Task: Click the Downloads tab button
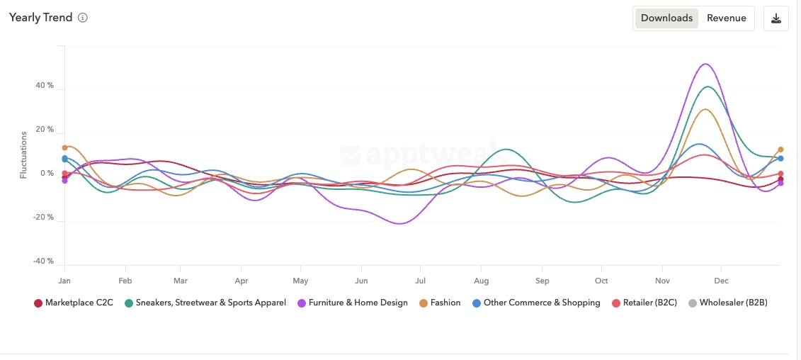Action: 666,18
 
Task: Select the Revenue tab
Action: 726,18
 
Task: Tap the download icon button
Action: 776,18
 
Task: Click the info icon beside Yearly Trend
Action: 83,18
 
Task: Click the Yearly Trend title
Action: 40,18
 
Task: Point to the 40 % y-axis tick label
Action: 45,86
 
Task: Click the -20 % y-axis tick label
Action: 44,218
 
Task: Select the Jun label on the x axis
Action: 361,281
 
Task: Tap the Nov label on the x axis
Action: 662,281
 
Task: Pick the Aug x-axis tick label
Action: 481,281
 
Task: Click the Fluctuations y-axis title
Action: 23,154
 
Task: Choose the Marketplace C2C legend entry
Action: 74,303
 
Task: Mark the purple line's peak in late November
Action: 705,64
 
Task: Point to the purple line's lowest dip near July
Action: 400,224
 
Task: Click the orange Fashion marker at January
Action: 64,147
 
